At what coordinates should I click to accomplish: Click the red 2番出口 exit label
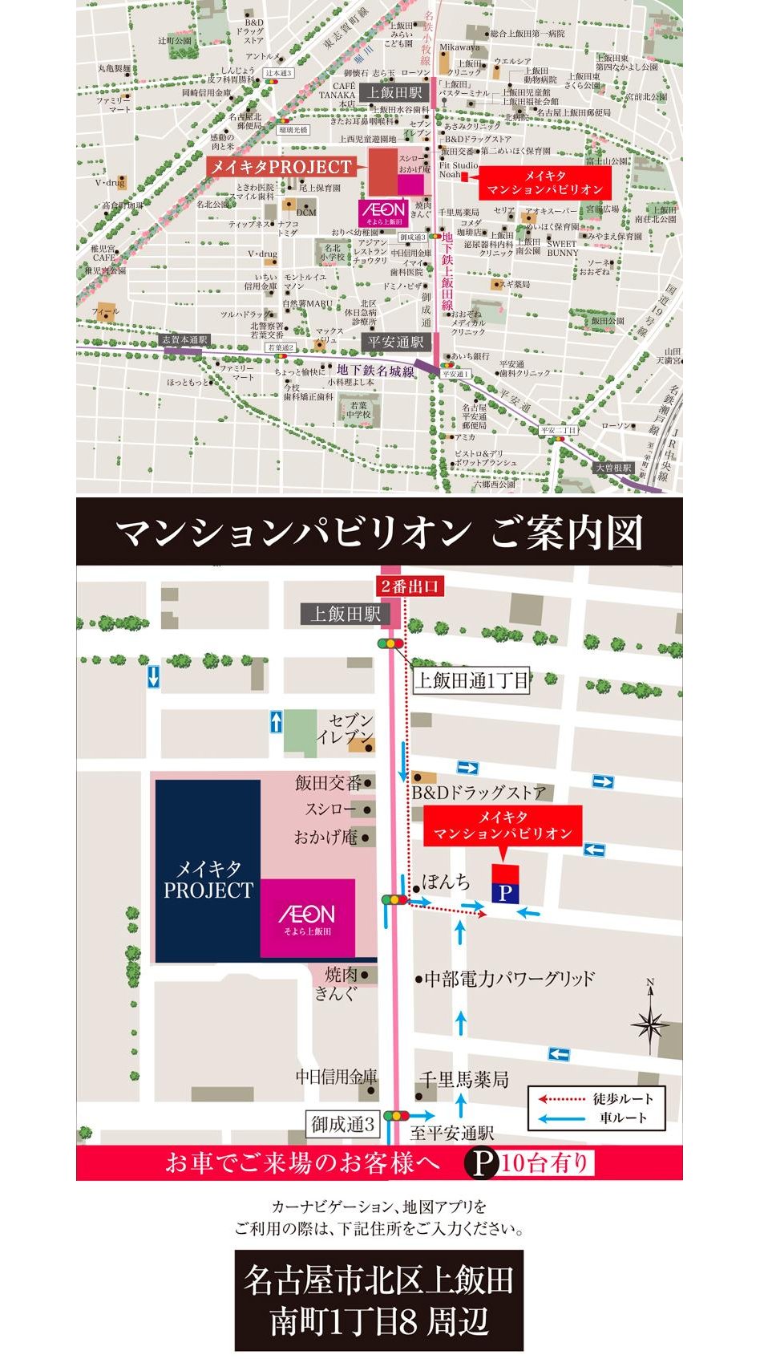(410, 586)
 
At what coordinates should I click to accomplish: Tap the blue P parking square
(505, 893)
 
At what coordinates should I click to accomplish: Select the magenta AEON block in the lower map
(308, 918)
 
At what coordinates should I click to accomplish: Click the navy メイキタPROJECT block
(208, 870)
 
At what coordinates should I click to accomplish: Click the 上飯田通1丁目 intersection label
(471, 681)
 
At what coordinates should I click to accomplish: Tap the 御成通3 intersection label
(343, 1124)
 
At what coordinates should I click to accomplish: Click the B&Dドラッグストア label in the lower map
(479, 793)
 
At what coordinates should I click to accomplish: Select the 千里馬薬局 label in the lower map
(465, 1079)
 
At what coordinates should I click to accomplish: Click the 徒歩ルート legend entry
(596, 1099)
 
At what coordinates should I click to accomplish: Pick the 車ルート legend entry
(596, 1118)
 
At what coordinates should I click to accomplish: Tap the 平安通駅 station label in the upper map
(395, 342)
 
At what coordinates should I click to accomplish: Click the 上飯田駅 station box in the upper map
(394, 93)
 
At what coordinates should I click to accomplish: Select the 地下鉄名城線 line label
(375, 370)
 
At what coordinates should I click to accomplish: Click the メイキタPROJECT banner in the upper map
(281, 167)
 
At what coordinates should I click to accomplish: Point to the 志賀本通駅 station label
(184, 339)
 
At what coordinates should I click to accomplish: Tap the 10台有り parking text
(545, 1162)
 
